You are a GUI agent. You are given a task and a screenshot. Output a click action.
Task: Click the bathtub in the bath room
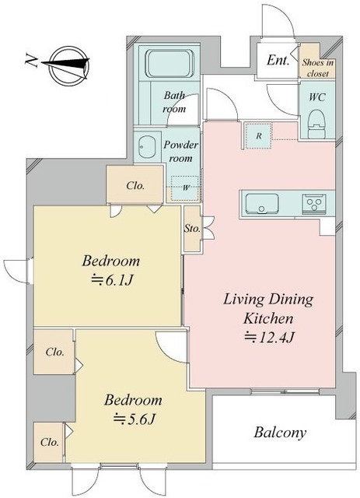click(170, 63)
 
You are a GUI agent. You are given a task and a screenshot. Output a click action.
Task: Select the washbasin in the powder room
click(147, 147)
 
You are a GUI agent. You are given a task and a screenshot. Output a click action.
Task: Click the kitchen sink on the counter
click(262, 204)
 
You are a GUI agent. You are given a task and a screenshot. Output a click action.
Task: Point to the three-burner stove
click(314, 203)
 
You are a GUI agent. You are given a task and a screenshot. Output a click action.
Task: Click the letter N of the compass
click(32, 61)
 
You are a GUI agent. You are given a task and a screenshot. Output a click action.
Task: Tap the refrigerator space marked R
click(259, 135)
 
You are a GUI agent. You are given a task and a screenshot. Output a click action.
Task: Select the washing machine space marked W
click(185, 188)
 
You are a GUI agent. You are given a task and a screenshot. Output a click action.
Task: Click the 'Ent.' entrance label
click(278, 60)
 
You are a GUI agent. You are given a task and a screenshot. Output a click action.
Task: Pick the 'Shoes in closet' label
click(317, 68)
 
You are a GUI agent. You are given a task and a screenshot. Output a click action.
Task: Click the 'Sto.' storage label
click(192, 228)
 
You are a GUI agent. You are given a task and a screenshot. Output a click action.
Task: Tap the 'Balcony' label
click(280, 433)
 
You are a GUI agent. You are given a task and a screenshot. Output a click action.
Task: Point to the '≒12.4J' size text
click(269, 337)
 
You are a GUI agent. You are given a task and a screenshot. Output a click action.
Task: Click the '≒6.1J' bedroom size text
click(111, 280)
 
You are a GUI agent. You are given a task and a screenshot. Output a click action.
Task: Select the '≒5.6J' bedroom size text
click(134, 419)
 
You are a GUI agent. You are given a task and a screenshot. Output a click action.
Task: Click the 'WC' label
click(317, 96)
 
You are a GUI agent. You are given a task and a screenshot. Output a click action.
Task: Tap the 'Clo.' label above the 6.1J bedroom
click(135, 185)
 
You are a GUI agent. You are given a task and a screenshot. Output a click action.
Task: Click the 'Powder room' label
click(180, 151)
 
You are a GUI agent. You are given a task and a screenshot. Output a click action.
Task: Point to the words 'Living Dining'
click(268, 300)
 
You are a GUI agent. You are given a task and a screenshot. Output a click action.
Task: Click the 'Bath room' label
click(174, 102)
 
